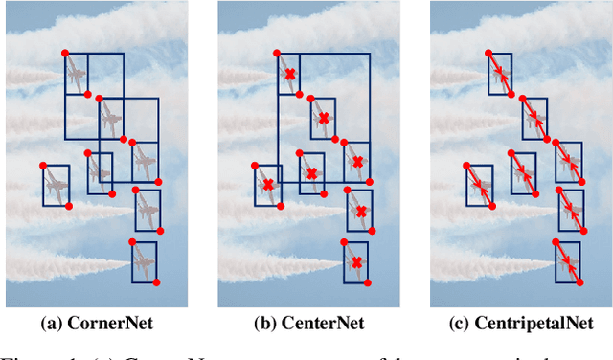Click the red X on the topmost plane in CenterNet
pos(288,74)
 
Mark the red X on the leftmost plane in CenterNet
pos(268,184)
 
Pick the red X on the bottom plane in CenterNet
pos(356,262)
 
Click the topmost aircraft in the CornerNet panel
pos(77,73)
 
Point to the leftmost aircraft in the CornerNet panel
pos(56,184)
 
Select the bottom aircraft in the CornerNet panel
pos(144,261)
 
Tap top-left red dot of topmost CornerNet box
pos(64,52)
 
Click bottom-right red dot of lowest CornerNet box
pos(156,282)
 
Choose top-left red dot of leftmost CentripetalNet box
pos(466,164)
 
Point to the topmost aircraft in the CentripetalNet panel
pos(500,74)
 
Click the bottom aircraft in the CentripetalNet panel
pos(568,262)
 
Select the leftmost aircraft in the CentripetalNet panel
pos(480,184)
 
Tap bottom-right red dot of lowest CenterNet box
pos(369,282)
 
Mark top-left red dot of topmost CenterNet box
pos(277,52)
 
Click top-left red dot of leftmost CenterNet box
pos(256,164)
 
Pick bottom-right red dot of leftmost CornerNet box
pos(69,205)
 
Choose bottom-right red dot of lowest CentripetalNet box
pos(580,282)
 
